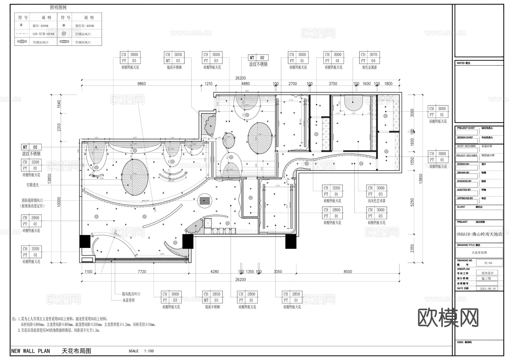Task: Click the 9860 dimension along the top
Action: [x=141, y=84]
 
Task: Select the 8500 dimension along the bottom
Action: [x=348, y=271]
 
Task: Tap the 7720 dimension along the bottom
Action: [x=142, y=271]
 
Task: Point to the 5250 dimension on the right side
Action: [x=412, y=202]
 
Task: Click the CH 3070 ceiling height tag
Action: [x=370, y=55]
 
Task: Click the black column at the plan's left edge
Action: [x=85, y=241]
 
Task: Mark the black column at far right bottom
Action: [x=291, y=242]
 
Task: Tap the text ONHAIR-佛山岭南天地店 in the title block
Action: [x=479, y=234]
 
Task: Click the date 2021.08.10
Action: [x=488, y=289]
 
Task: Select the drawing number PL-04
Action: [x=488, y=263]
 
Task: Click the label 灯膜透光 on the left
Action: [x=33, y=185]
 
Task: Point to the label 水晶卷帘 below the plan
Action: [x=128, y=300]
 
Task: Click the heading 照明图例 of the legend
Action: [x=58, y=8]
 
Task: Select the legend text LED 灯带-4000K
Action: [x=44, y=34]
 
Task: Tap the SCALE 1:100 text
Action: [x=141, y=351]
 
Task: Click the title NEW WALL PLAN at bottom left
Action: [x=31, y=351]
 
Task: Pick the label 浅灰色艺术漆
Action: [x=376, y=201]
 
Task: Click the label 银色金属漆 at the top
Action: [x=369, y=67]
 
